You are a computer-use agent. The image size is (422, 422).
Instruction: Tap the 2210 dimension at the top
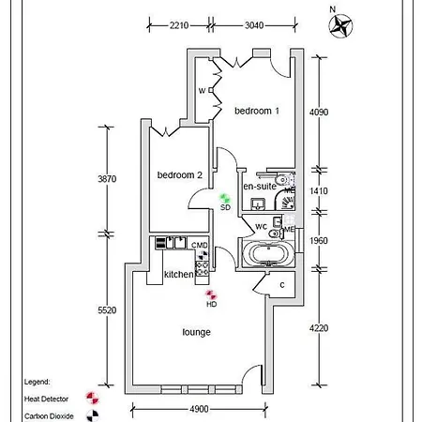pyautogui.click(x=181, y=25)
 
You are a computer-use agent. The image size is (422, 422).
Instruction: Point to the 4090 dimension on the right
pyautogui.click(x=321, y=112)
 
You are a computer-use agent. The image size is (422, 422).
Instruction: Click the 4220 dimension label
pyautogui.click(x=321, y=328)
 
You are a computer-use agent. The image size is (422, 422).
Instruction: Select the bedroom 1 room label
pyautogui.click(x=257, y=112)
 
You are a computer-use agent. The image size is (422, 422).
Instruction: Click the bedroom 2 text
pyautogui.click(x=180, y=175)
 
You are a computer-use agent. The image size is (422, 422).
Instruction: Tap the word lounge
pyautogui.click(x=196, y=332)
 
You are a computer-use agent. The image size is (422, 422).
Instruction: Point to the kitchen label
pyautogui.click(x=179, y=275)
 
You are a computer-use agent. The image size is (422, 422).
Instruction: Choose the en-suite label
pyautogui.click(x=260, y=187)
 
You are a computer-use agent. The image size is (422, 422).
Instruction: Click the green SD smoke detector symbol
pyautogui.click(x=225, y=198)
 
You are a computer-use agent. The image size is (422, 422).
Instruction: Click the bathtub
pyautogui.click(x=267, y=254)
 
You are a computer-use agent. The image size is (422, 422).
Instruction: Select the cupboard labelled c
pyautogui.click(x=282, y=285)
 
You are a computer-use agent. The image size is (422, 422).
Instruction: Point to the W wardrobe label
pyautogui.click(x=202, y=91)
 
